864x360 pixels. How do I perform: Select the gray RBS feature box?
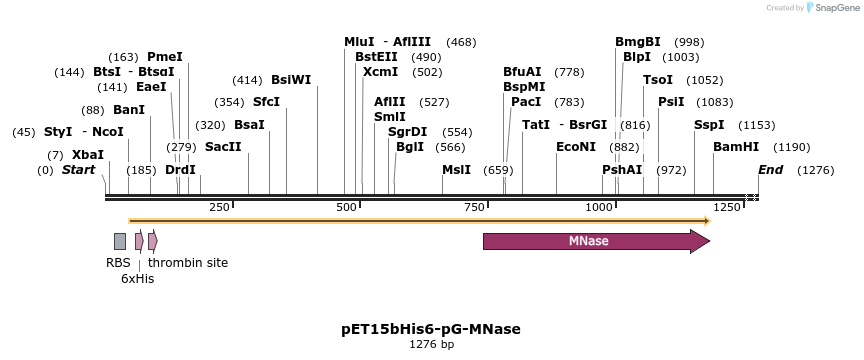(120, 241)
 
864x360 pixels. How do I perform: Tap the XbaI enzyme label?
(88, 155)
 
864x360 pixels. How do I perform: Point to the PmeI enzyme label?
(165, 57)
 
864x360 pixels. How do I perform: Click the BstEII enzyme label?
(376, 57)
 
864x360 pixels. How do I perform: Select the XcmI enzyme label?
(380, 72)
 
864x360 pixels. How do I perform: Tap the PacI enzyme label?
(526, 102)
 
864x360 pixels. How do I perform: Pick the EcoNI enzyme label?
(576, 147)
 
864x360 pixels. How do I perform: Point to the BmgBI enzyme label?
(638, 42)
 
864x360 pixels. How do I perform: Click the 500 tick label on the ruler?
(346, 207)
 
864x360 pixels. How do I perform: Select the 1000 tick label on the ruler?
(600, 207)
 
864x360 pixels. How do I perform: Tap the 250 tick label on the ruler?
(219, 207)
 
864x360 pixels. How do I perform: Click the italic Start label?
(79, 170)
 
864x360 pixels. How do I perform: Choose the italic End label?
(771, 170)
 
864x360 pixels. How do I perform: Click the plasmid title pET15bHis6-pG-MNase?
(431, 329)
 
